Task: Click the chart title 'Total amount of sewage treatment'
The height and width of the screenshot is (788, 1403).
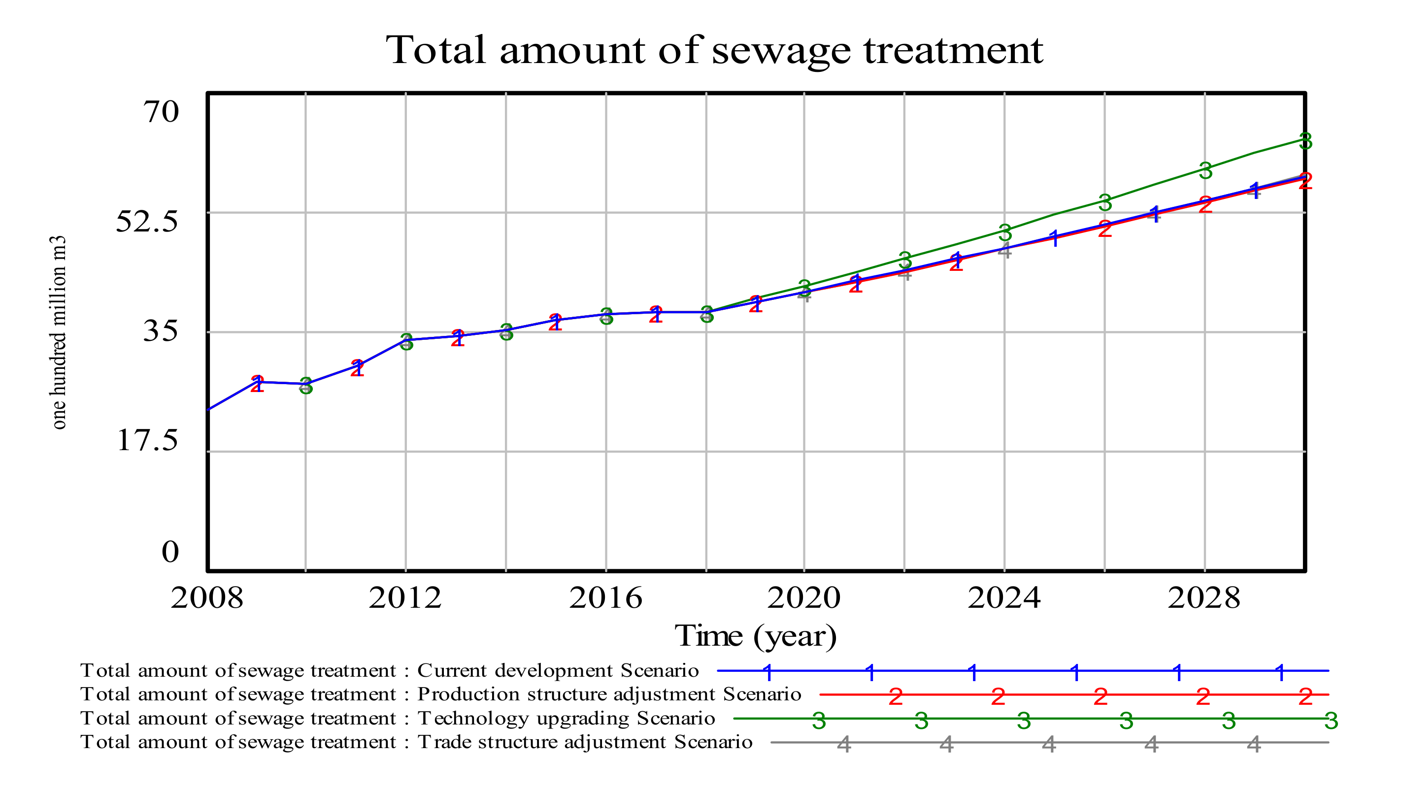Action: (x=714, y=50)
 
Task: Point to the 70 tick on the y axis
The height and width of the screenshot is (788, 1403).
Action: (x=161, y=112)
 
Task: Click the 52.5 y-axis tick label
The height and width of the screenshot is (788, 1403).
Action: (x=147, y=221)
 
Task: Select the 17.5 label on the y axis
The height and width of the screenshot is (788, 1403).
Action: (x=148, y=440)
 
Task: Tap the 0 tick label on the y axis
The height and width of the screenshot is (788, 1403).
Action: (x=170, y=551)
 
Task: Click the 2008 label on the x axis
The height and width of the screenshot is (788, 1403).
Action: (x=206, y=598)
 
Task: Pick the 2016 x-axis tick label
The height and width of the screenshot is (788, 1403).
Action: (x=605, y=598)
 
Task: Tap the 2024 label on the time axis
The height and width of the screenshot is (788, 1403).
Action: (x=1004, y=598)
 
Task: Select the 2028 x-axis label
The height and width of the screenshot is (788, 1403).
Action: (x=1203, y=598)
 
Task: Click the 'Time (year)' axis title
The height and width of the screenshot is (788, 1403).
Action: (x=755, y=636)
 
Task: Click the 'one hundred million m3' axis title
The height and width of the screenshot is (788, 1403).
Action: (x=58, y=332)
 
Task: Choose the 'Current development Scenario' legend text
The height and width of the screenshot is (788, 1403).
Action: (x=558, y=670)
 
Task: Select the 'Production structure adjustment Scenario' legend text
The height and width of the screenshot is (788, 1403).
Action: (x=609, y=694)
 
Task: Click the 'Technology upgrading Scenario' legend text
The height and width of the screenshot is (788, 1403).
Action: (x=566, y=718)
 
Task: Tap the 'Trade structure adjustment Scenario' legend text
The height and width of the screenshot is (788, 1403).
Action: (x=585, y=742)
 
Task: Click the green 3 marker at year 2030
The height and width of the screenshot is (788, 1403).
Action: (x=1305, y=141)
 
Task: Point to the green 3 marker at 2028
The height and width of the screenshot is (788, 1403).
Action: (x=1205, y=171)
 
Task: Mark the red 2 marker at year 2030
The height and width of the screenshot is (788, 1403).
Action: (x=1305, y=181)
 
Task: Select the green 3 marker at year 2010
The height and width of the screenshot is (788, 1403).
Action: (x=306, y=386)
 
